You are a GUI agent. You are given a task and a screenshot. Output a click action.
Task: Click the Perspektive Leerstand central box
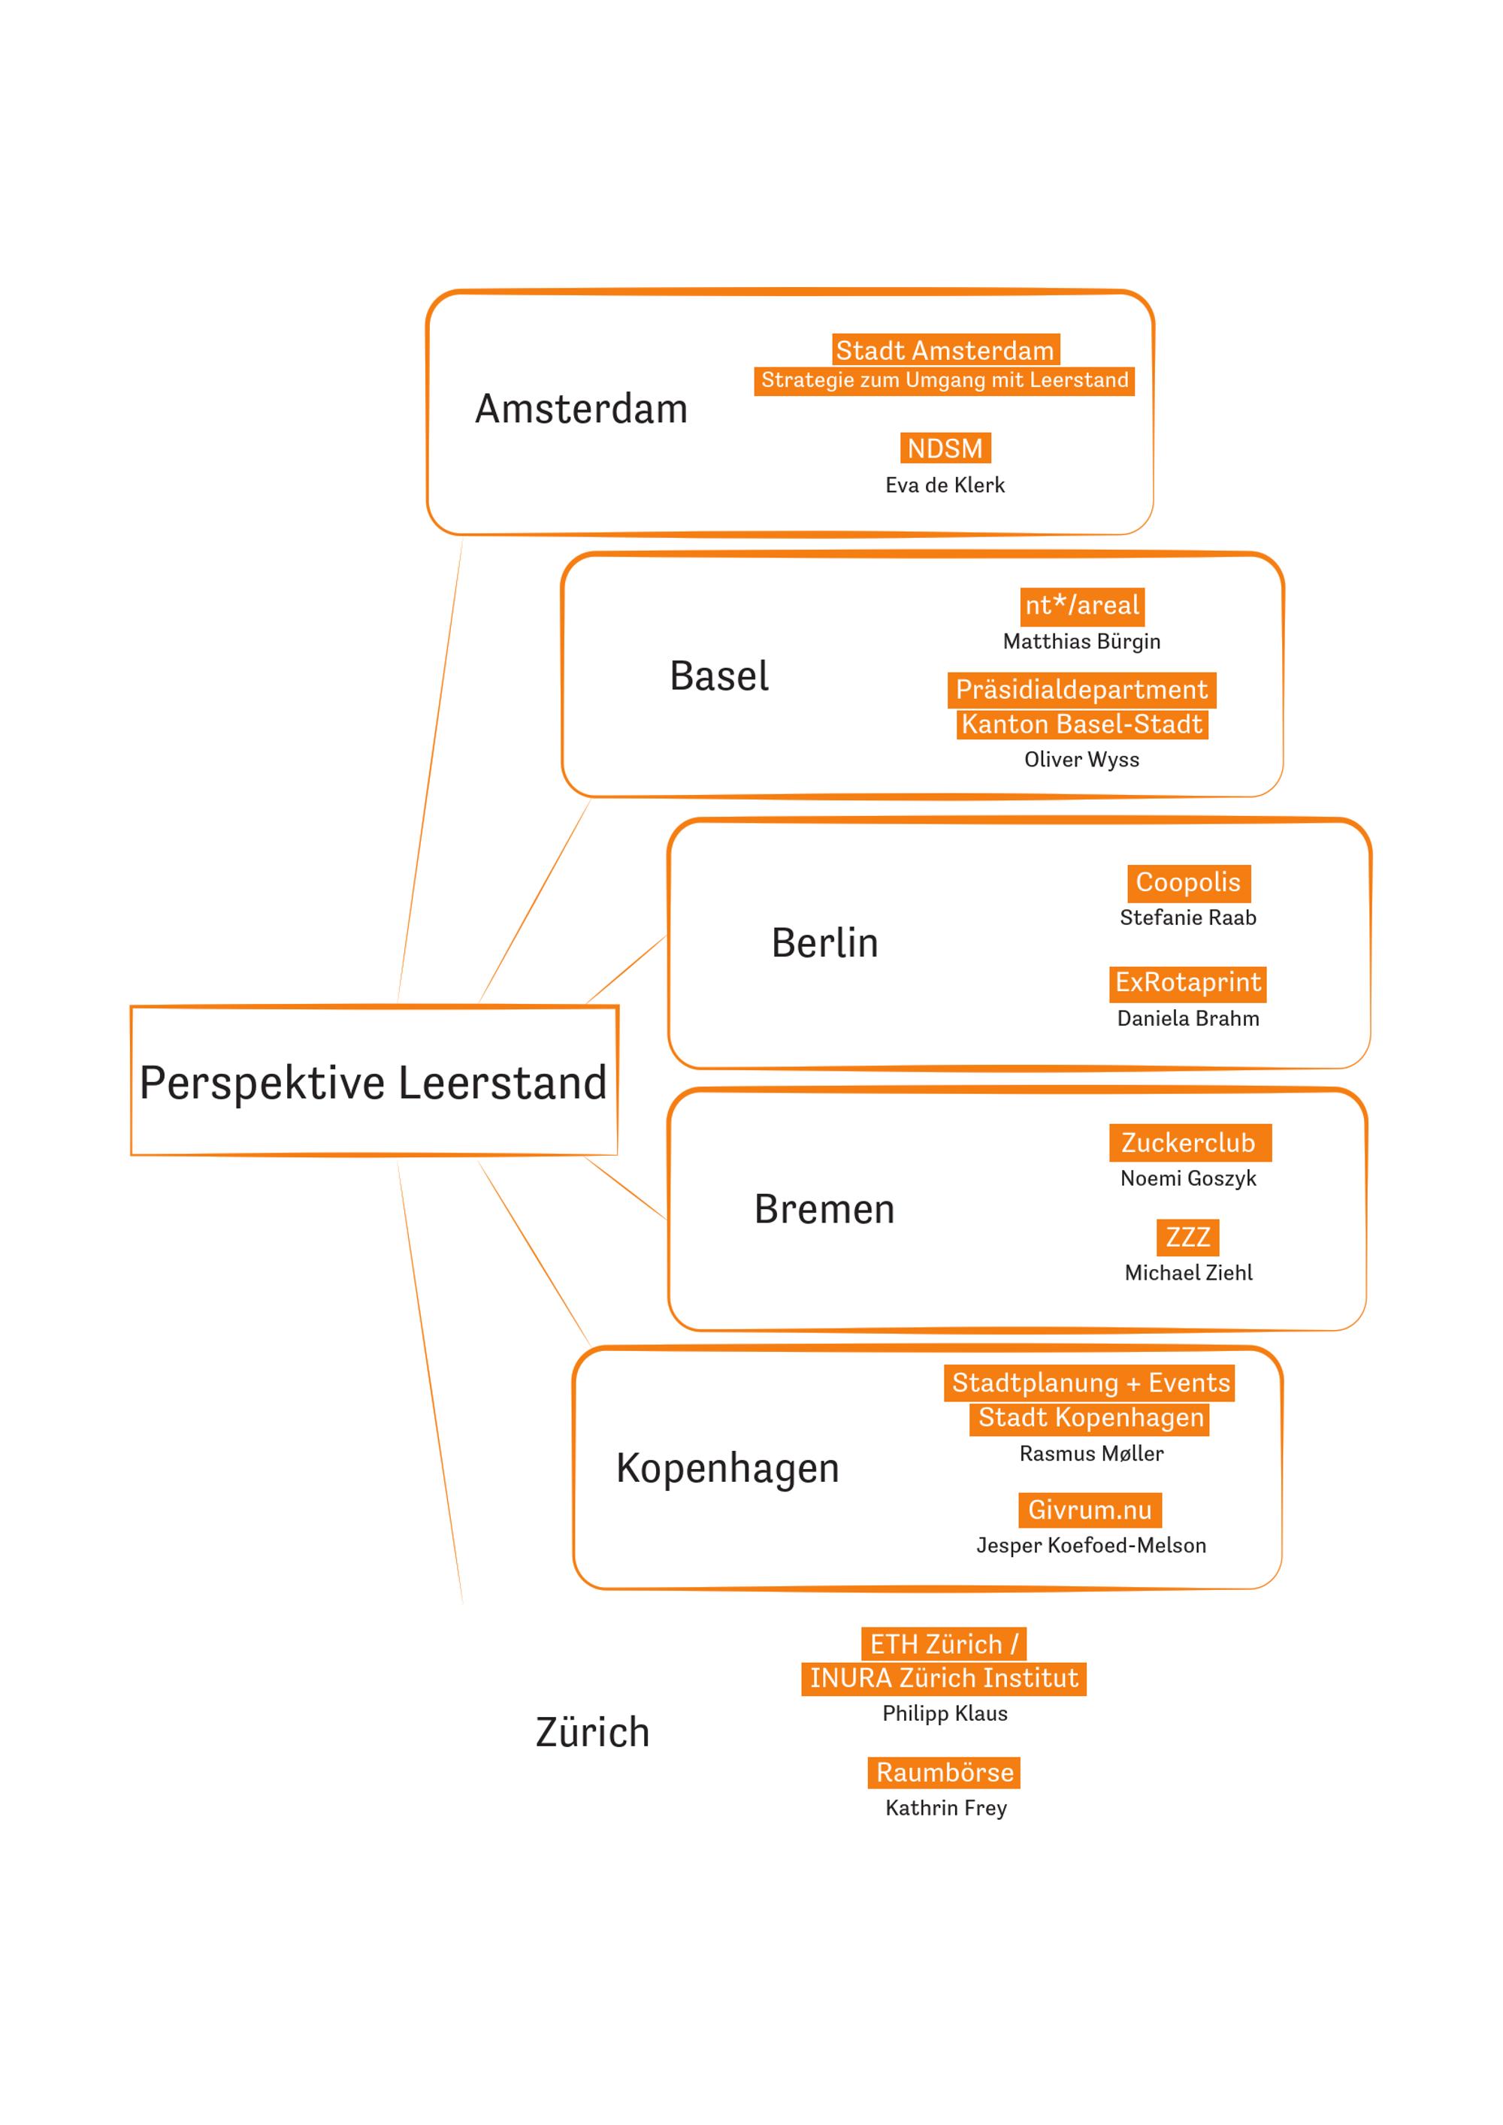point(374,1081)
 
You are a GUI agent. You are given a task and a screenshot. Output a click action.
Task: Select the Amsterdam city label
point(581,409)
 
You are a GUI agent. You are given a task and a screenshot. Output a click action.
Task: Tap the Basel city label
point(719,676)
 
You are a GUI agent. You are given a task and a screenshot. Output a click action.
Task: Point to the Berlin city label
point(824,943)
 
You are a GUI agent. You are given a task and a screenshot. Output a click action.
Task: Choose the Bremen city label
point(824,1210)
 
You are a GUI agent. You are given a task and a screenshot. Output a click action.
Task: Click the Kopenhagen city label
point(727,1468)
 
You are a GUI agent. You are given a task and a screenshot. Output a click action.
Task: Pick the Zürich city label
point(592,1732)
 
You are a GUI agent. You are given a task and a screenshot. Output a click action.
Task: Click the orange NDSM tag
point(945,448)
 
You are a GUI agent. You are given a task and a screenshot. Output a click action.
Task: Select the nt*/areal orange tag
point(1082,606)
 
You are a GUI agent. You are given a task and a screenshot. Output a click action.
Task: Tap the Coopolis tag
point(1188,883)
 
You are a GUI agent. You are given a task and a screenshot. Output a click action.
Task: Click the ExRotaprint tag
point(1187,983)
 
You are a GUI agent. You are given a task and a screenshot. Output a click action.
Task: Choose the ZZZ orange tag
point(1187,1238)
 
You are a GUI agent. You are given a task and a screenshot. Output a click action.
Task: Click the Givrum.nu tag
point(1090,1510)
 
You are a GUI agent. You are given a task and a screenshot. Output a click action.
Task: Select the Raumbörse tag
point(944,1773)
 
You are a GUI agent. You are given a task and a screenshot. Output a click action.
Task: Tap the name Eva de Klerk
point(945,485)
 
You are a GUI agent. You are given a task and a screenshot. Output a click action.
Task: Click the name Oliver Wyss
point(1082,760)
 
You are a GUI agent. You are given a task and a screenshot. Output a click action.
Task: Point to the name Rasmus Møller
point(1091,1454)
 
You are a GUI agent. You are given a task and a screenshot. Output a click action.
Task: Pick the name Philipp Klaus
point(945,1714)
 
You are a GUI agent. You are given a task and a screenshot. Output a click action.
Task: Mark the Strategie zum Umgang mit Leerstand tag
point(945,380)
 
